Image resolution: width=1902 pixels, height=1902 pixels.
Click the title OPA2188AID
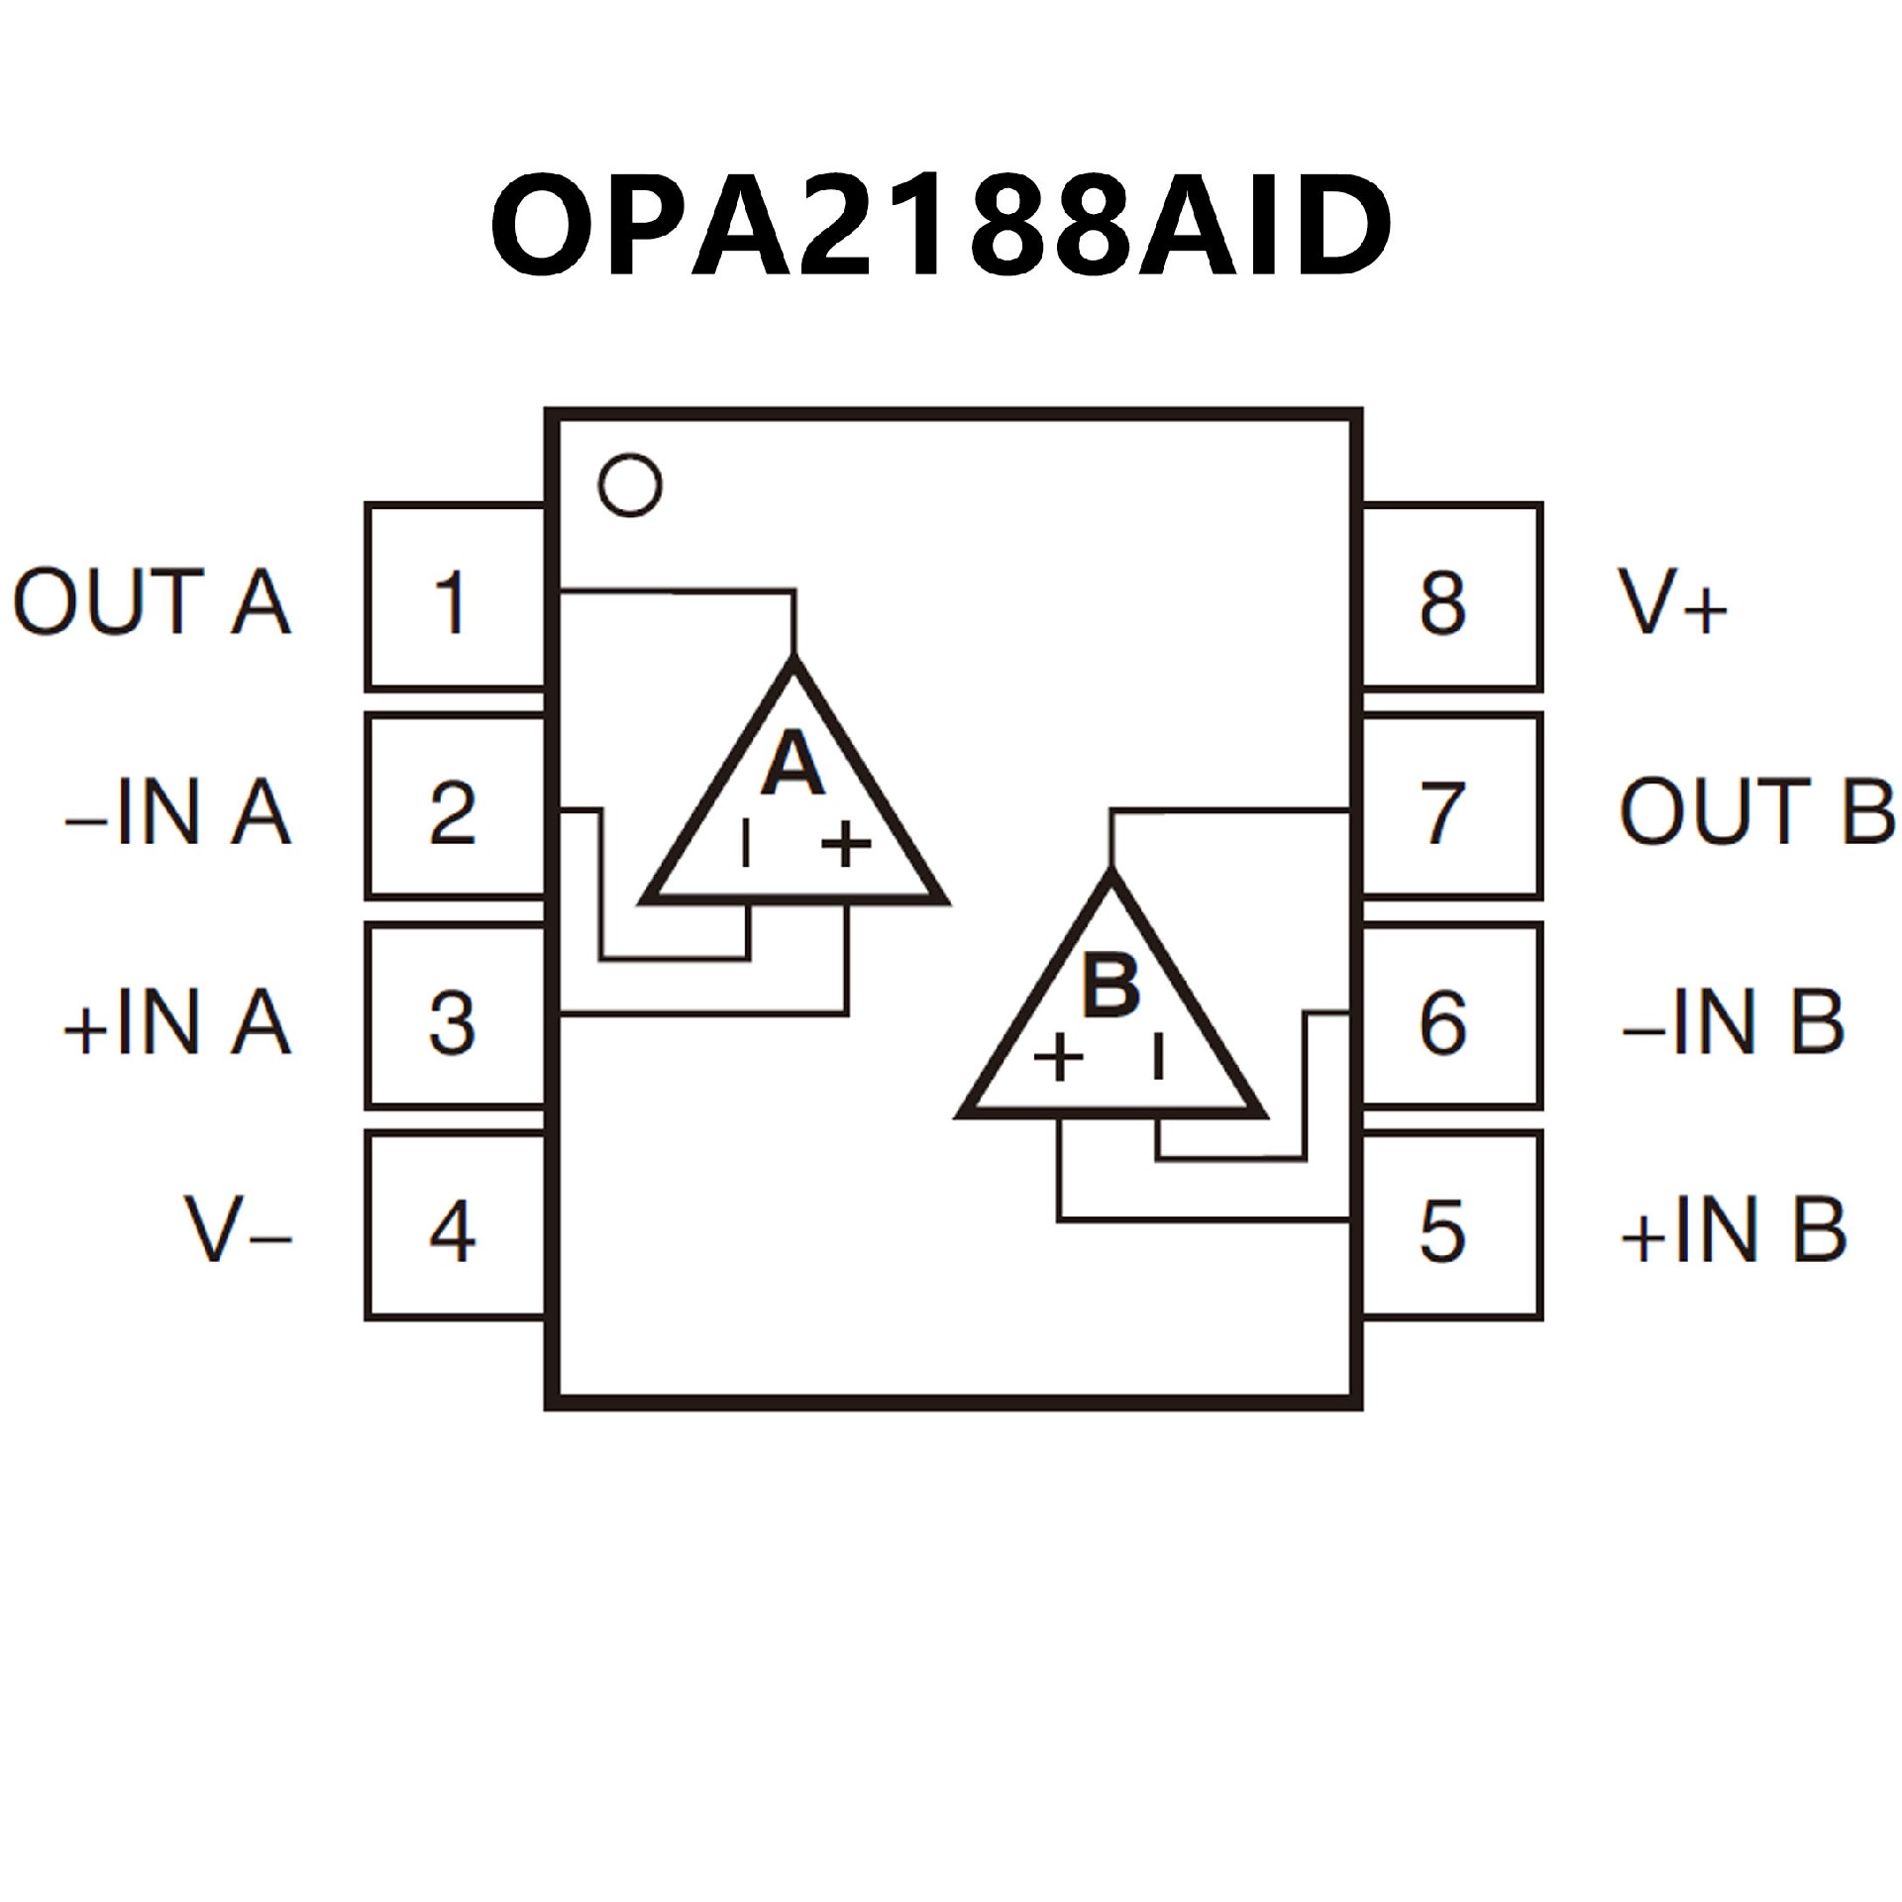coord(941,226)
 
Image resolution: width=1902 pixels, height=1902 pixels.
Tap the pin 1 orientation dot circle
coord(631,485)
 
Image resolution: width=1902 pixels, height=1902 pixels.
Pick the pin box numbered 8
coord(1452,597)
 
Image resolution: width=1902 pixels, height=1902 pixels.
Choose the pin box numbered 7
coord(1452,808)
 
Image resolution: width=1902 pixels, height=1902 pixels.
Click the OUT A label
coord(153,601)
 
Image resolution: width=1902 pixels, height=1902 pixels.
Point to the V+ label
coord(1673,601)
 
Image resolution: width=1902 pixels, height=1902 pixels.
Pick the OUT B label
coord(1756,812)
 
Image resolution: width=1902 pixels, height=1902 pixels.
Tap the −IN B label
coord(1733,1021)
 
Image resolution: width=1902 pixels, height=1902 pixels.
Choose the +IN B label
coord(1733,1231)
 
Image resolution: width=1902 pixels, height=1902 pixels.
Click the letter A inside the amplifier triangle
coord(792,764)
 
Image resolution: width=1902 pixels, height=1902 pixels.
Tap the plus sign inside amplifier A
coord(847,845)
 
